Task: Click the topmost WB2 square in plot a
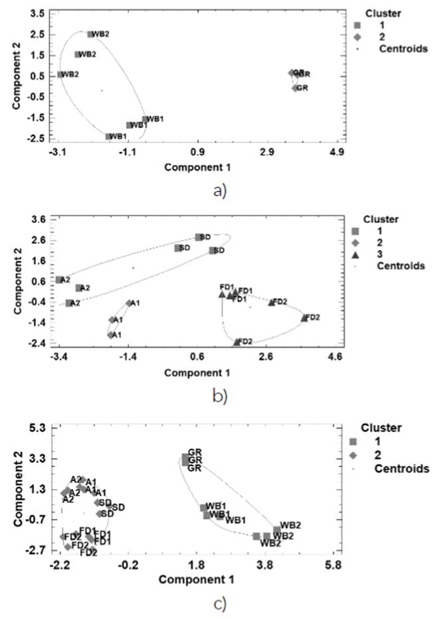(90, 34)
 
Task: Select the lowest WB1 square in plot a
(108, 136)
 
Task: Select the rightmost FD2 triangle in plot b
(304, 318)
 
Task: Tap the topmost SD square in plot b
(198, 237)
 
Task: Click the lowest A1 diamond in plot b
(111, 335)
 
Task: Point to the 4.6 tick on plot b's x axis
(335, 358)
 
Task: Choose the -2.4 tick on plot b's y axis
(37, 344)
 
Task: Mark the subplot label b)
(220, 397)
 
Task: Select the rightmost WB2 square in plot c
(277, 530)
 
